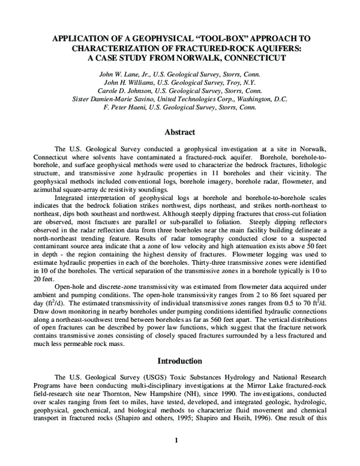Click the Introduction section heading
pyautogui.click(x=181, y=362)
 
